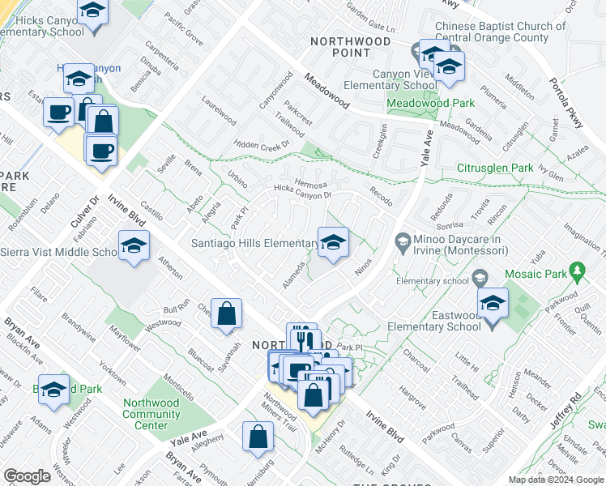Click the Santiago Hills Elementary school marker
click(333, 242)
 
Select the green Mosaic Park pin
click(577, 271)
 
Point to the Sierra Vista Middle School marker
click(134, 246)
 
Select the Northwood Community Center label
click(151, 414)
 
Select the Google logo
click(27, 476)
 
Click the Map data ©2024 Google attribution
click(555, 480)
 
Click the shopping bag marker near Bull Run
click(227, 314)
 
